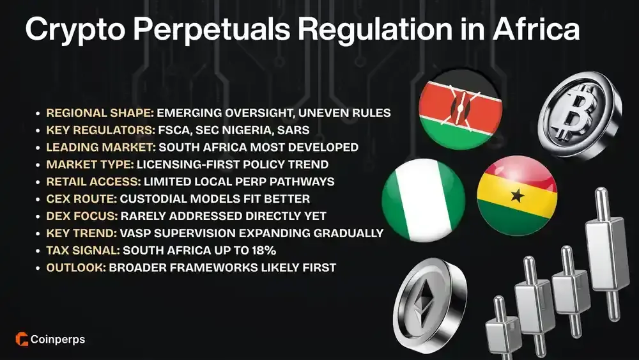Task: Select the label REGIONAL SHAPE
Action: pos(100,114)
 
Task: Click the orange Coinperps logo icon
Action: pos(20,340)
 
